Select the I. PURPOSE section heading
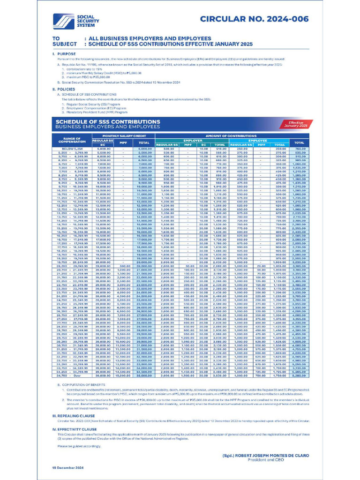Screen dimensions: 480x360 click(x=61, y=54)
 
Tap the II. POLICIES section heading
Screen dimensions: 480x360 click(x=61, y=89)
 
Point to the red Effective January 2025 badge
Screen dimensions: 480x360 click(x=295, y=124)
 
